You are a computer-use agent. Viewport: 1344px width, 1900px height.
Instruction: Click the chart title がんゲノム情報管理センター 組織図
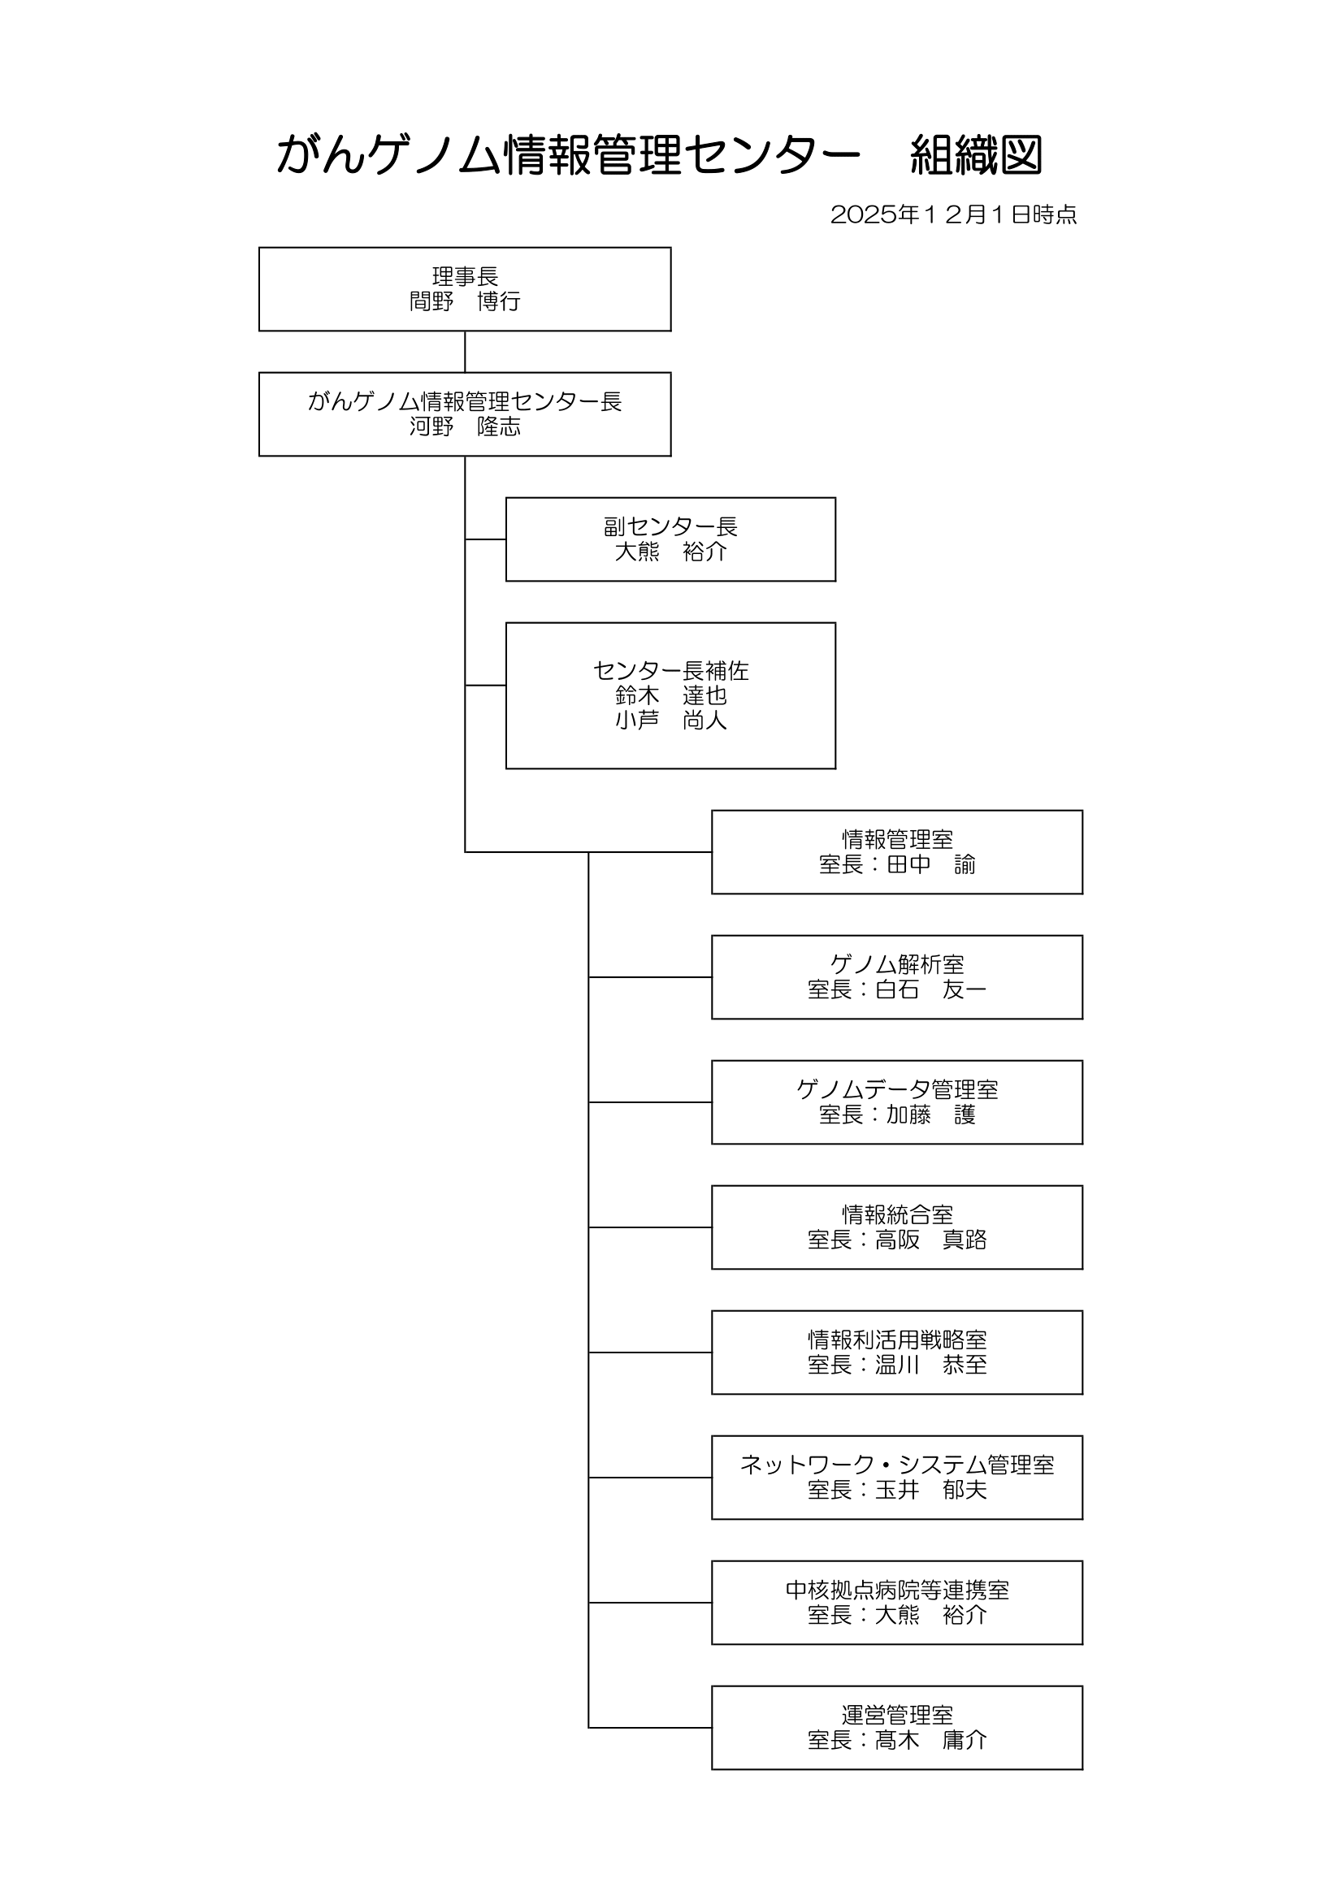click(x=659, y=155)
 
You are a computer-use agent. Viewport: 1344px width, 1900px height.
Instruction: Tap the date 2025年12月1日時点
click(x=952, y=214)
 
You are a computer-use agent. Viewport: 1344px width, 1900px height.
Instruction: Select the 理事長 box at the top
click(x=464, y=289)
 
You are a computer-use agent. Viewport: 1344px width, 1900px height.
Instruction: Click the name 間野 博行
click(x=464, y=302)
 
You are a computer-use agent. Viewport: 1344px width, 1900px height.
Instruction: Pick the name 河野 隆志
click(x=464, y=427)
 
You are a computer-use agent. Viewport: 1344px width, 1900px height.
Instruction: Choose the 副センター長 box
click(x=670, y=539)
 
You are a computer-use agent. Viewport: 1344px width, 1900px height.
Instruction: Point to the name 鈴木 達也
click(x=670, y=695)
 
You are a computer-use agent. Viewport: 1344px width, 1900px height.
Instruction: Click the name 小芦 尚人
click(x=670, y=721)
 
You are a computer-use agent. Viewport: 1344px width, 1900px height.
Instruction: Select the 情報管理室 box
click(x=896, y=851)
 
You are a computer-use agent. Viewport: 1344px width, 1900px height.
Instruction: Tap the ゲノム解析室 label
click(x=896, y=964)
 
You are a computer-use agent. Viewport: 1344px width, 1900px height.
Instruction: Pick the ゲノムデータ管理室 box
click(x=896, y=1102)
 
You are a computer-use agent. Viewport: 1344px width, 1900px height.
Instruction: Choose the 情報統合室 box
click(x=896, y=1227)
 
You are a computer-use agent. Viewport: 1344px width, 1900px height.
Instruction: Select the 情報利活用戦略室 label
click(x=896, y=1340)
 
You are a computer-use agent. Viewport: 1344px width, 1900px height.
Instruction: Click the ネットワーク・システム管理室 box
click(x=896, y=1477)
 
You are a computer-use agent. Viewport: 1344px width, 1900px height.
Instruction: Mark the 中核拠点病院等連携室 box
click(x=896, y=1602)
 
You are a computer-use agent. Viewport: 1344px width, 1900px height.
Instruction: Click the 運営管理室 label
click(x=896, y=1716)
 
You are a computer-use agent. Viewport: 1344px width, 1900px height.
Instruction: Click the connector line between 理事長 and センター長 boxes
click(x=464, y=352)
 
